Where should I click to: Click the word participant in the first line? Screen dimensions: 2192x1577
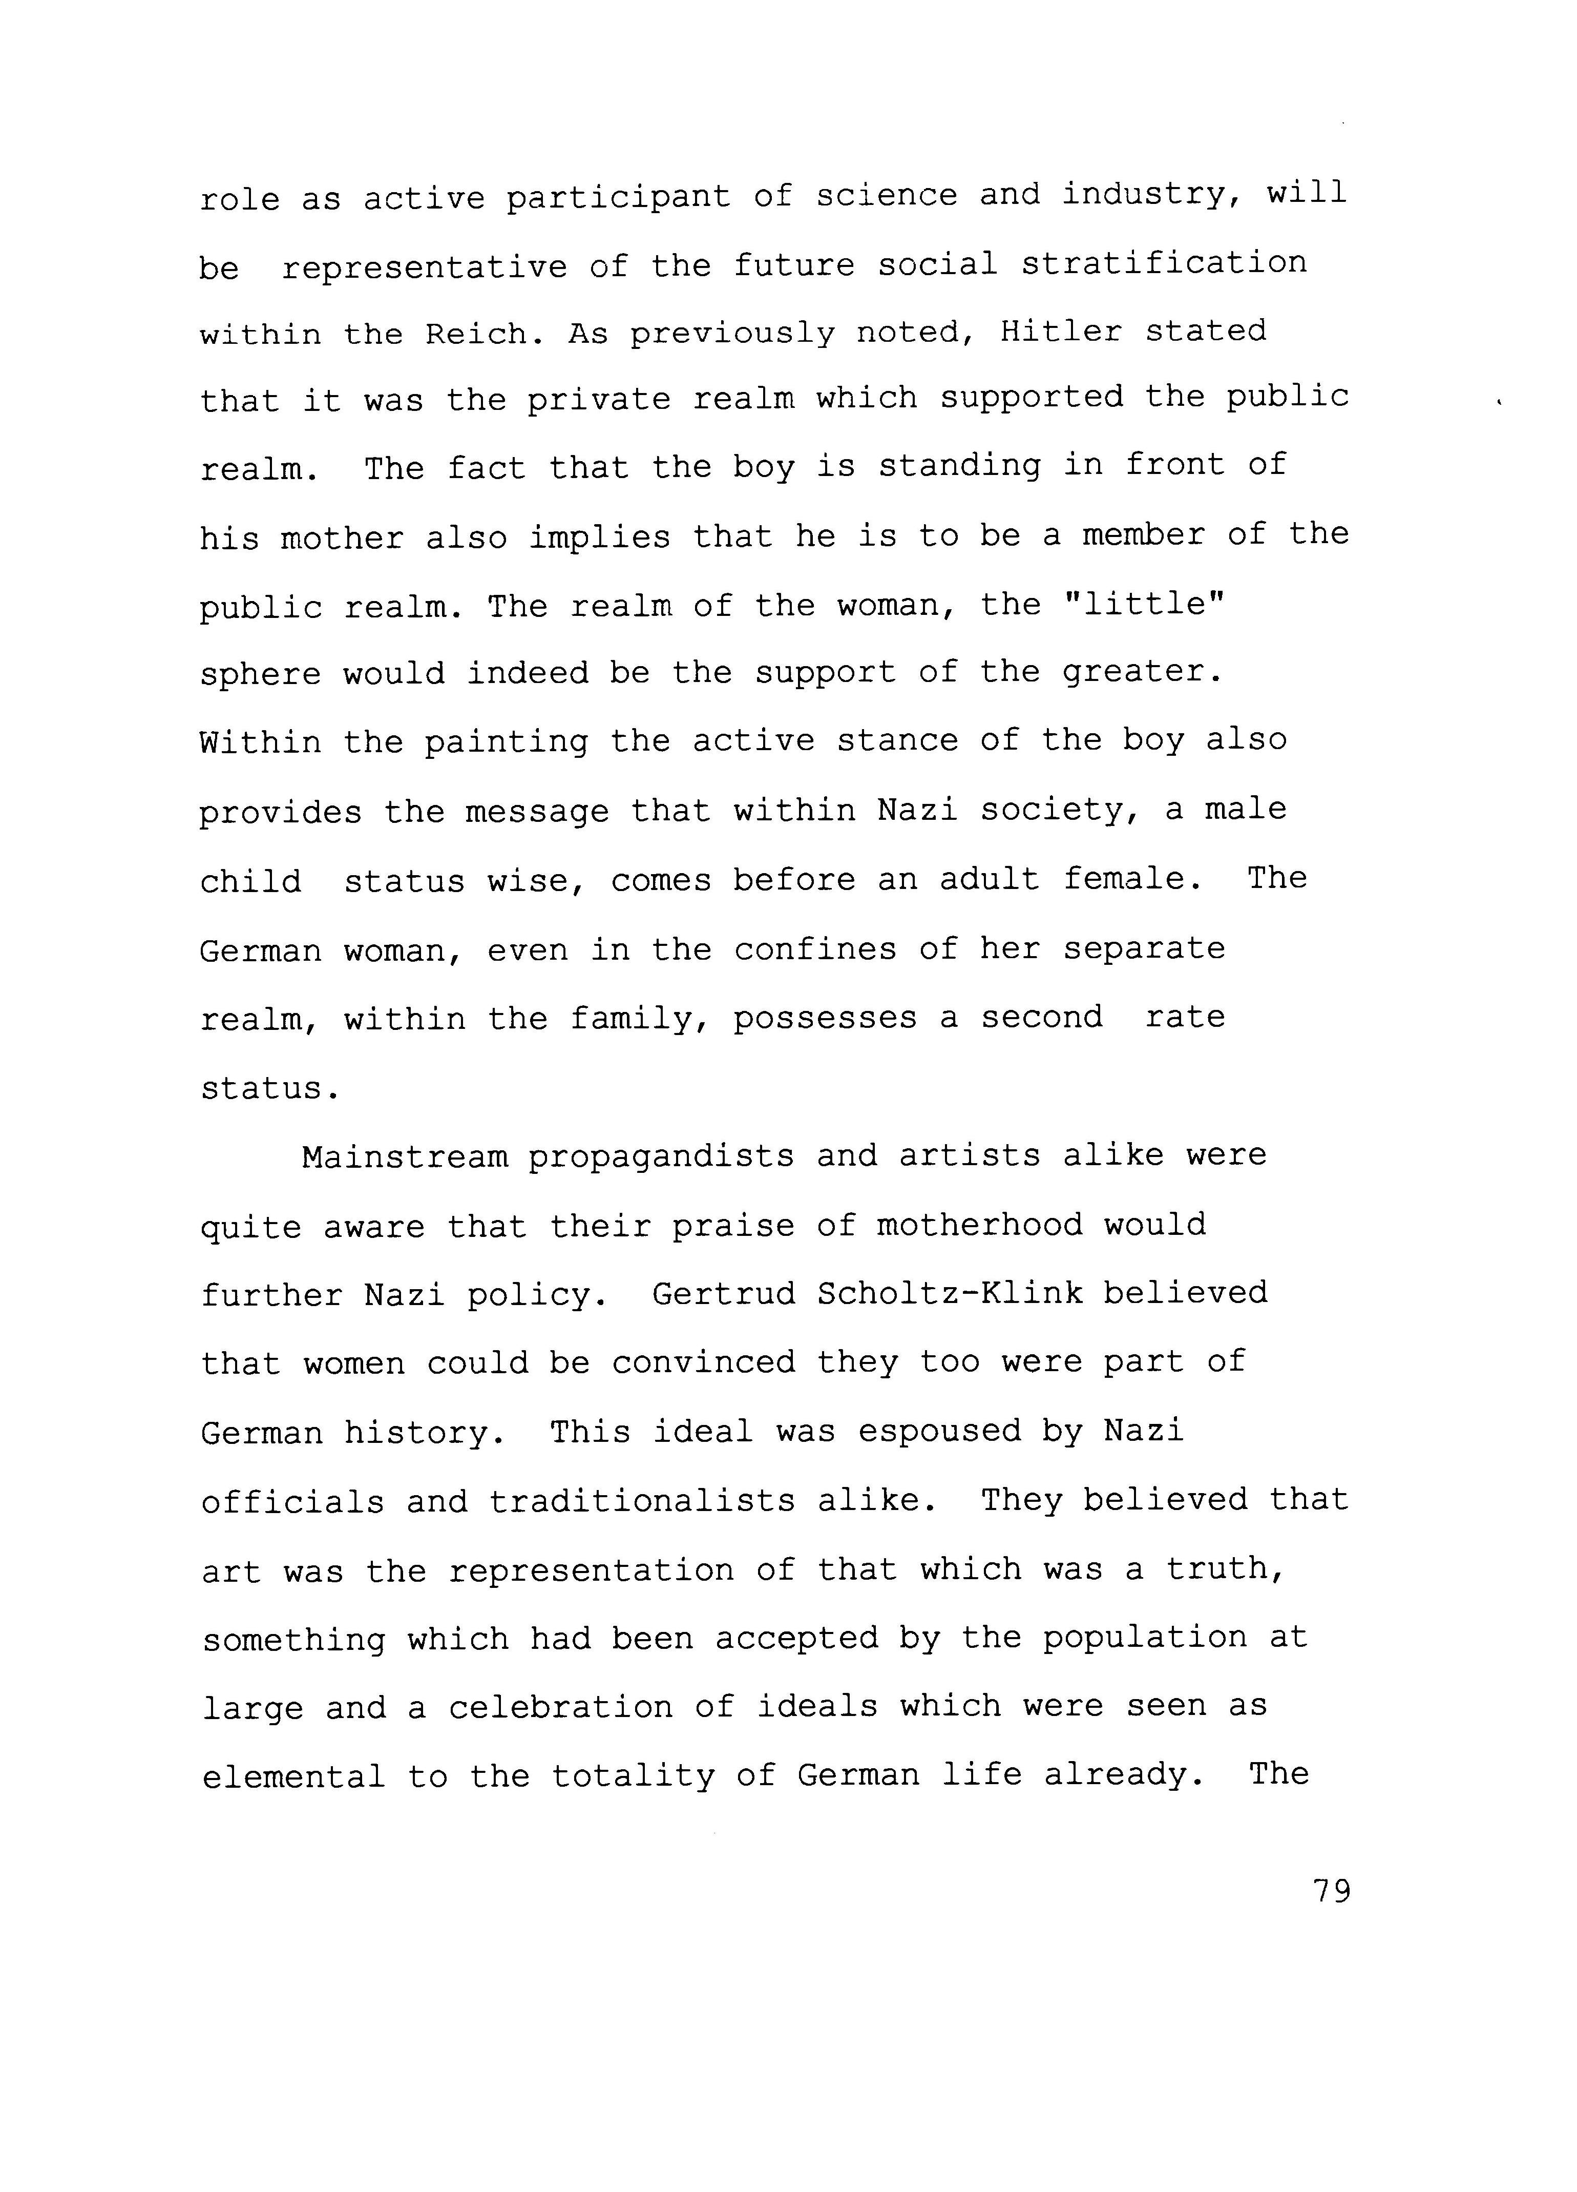(618, 197)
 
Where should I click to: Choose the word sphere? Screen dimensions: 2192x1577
(260, 674)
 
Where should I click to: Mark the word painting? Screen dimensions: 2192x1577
(507, 742)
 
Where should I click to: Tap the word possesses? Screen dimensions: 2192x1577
(824, 1018)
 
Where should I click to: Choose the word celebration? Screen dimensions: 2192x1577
(560, 1707)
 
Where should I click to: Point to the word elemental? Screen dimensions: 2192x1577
(293, 1776)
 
